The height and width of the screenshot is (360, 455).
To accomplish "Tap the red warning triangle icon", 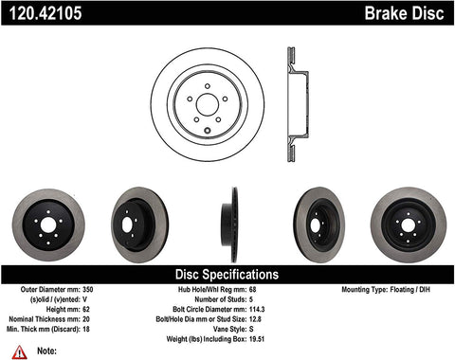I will click(18, 351).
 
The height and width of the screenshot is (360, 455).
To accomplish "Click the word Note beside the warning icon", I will click(43, 351).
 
